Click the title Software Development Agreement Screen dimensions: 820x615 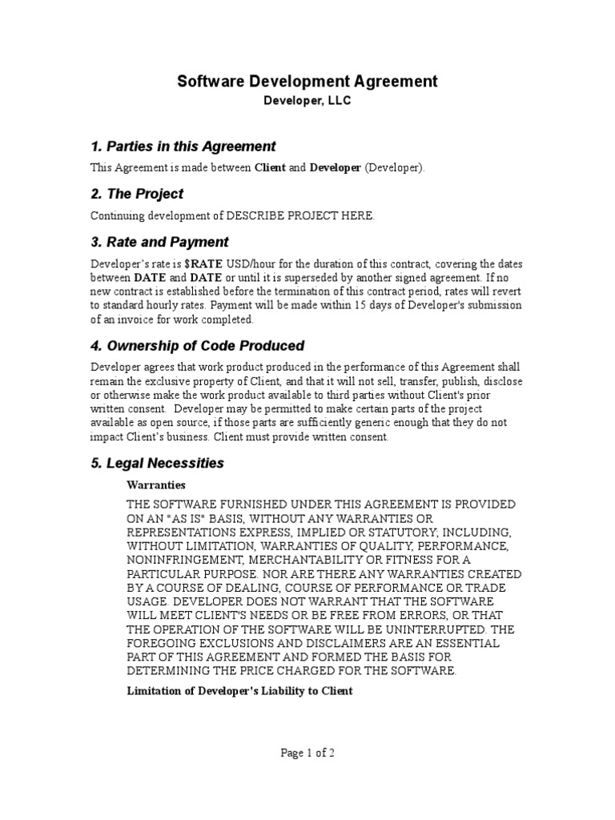pyautogui.click(x=307, y=81)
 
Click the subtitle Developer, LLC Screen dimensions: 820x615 pyautogui.click(x=307, y=102)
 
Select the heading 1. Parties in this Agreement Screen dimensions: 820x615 pyautogui.click(x=183, y=147)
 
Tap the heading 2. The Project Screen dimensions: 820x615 pyautogui.click(x=137, y=194)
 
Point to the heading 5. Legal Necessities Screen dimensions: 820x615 pyautogui.click(x=157, y=464)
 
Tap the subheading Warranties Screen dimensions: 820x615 pyautogui.click(x=156, y=485)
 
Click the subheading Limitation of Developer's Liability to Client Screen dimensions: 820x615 pyautogui.click(x=240, y=690)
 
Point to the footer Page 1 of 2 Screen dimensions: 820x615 pyautogui.click(x=307, y=753)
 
